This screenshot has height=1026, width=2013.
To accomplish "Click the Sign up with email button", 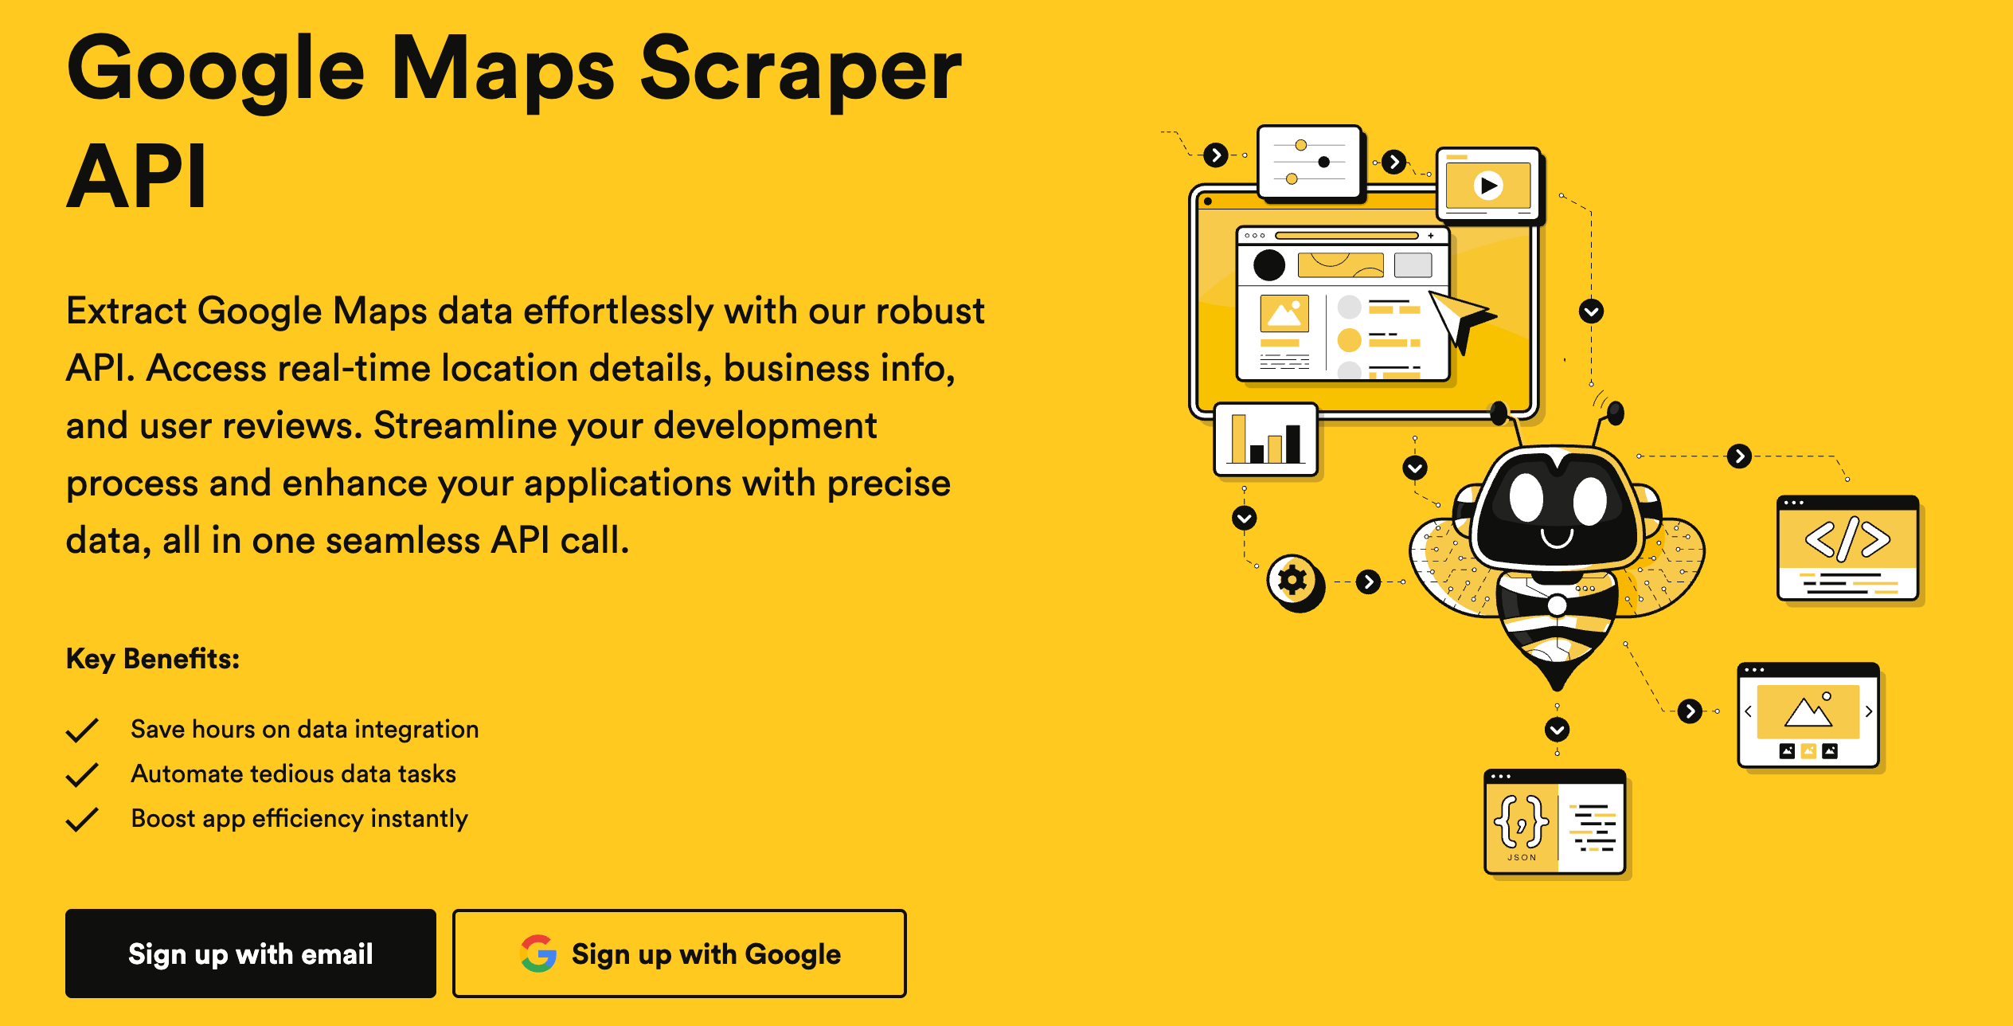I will (250, 954).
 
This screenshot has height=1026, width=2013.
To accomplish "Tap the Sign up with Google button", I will (679, 954).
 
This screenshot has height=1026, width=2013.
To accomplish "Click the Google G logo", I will (538, 954).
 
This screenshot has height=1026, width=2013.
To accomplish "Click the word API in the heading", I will (137, 176).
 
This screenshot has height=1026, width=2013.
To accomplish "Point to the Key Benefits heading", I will (153, 659).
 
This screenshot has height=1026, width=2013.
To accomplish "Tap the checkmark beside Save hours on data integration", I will (82, 730).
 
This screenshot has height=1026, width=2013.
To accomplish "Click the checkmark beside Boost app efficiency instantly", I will (82, 819).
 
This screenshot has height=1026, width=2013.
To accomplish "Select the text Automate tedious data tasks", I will (293, 774).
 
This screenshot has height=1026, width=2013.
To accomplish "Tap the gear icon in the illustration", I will (1292, 580).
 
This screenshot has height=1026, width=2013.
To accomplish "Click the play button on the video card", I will (1487, 186).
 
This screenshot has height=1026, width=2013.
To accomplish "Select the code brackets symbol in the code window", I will (1847, 538).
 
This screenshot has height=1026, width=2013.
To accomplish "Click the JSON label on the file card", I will (1522, 857).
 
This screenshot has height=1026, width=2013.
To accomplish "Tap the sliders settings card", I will (1310, 162).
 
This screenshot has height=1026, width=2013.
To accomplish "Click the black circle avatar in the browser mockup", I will (1269, 265).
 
